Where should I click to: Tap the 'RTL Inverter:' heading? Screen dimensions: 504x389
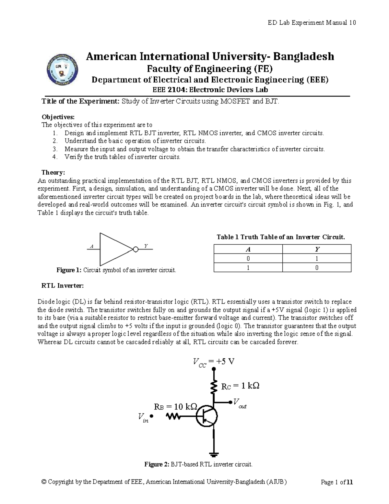[62, 286]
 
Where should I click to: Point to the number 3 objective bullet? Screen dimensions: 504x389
[55, 149]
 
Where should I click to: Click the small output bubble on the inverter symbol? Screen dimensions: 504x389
[136, 249]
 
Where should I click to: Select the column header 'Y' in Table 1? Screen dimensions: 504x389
[317, 249]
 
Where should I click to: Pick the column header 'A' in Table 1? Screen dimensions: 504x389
[248, 249]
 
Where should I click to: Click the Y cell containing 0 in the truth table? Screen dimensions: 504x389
[317, 268]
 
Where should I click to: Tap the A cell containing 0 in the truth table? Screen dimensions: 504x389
[248, 259]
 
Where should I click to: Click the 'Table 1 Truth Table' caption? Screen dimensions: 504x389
[281, 237]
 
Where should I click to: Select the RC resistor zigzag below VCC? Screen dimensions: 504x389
[214, 386]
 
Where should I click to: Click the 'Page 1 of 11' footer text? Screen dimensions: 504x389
[336, 482]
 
